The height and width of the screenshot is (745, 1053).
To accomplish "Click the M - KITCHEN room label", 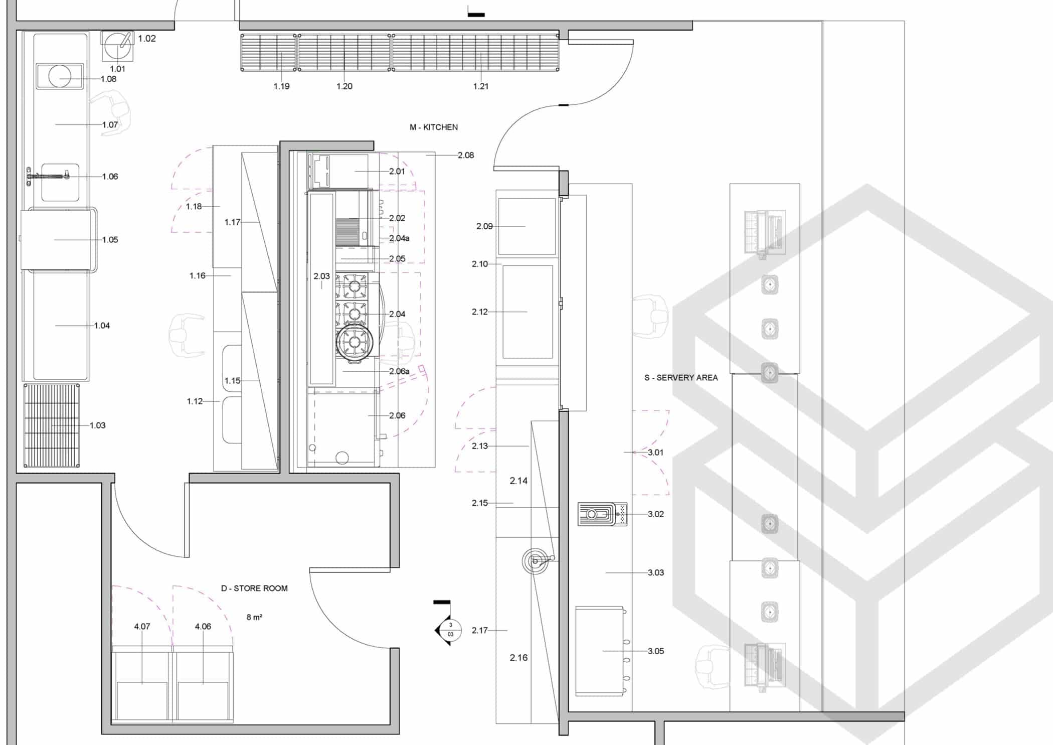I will (x=433, y=127).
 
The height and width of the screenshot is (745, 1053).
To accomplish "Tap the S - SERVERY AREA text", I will (x=680, y=378).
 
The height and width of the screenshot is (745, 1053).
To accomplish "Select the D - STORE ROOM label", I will (x=254, y=588).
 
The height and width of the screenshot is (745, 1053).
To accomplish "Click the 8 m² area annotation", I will (x=254, y=618).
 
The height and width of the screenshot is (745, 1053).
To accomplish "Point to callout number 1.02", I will (x=147, y=39).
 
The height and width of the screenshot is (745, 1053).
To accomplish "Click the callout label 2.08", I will (x=465, y=156).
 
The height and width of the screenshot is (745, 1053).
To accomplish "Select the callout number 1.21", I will (x=480, y=86).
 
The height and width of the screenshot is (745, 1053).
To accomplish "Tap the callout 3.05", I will (x=655, y=651).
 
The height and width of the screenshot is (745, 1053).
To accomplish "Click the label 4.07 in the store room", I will (x=142, y=627).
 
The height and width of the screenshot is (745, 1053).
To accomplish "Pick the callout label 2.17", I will (x=479, y=631).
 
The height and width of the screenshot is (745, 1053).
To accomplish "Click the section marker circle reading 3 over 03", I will (x=450, y=630).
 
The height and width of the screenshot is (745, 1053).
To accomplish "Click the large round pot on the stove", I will (x=355, y=343).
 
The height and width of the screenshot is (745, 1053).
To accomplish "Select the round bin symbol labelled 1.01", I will (x=118, y=46).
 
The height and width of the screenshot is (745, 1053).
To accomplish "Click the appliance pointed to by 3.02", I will (x=602, y=514).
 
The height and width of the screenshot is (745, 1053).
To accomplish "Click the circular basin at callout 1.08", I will (x=60, y=77).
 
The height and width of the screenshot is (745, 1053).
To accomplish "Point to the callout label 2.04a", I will (x=399, y=238).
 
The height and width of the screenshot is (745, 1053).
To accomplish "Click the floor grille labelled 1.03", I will (x=52, y=425).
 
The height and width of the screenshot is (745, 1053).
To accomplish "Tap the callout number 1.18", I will (x=194, y=207).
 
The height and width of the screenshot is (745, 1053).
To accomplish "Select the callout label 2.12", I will (x=479, y=312).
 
